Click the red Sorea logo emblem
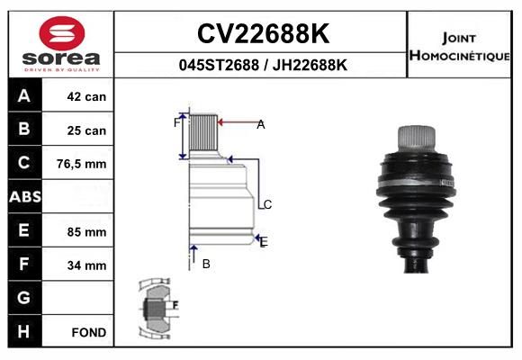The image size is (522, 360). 62,33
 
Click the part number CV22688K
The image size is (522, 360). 263,33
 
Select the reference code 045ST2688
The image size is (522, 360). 219,65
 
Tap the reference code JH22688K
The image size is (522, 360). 310,65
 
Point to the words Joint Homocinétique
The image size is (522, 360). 459,47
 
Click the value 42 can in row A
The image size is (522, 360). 86,96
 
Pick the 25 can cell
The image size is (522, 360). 86,130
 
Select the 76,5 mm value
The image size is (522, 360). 82,164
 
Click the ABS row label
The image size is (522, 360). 25,196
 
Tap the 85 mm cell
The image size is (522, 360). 86,232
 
